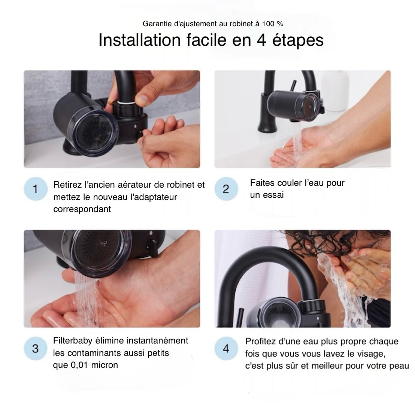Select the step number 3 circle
coord(35,349)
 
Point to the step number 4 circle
coord(225,349)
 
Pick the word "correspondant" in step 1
coord(82,209)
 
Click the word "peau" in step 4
coord(399,366)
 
